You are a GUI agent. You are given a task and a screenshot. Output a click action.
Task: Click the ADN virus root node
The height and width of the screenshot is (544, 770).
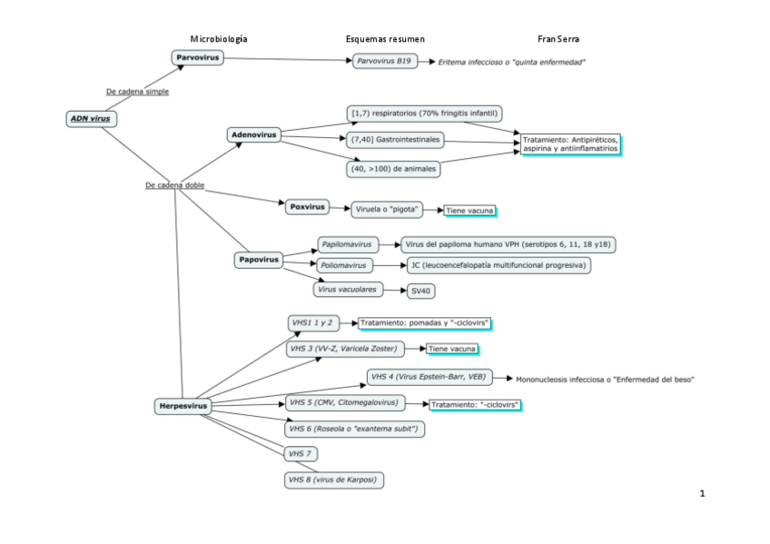tap(92, 118)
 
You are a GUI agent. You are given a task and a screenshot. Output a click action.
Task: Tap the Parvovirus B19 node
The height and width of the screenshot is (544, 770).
tap(384, 62)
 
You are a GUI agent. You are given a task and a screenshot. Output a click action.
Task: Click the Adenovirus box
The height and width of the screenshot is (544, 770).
tap(253, 134)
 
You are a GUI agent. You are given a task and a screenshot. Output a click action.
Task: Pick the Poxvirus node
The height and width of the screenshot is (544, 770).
tap(306, 207)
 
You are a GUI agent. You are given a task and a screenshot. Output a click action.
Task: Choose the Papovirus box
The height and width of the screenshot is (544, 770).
tap(258, 260)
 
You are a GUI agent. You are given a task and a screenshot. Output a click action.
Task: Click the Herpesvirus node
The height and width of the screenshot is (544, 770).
tap(182, 406)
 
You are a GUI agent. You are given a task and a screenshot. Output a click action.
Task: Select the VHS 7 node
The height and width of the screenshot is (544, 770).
tap(300, 452)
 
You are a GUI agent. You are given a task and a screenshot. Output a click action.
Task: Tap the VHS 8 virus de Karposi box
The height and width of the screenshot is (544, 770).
tap(332, 479)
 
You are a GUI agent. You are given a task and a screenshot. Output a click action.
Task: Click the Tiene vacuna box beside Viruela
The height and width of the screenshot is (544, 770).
tap(469, 210)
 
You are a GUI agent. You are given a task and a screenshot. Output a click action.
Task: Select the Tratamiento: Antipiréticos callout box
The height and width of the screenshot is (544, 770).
tap(569, 143)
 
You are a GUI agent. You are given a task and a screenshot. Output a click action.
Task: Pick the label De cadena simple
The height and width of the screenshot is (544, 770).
tap(137, 92)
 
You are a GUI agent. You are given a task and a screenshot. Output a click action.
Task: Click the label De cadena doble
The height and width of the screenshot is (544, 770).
tap(174, 185)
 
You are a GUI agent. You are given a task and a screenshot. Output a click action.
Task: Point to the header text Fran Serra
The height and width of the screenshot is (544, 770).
tap(558, 39)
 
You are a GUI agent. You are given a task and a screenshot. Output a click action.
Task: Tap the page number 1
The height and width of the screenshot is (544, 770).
tap(702, 493)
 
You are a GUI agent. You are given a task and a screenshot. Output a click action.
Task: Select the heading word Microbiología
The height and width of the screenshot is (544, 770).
tap(218, 39)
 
